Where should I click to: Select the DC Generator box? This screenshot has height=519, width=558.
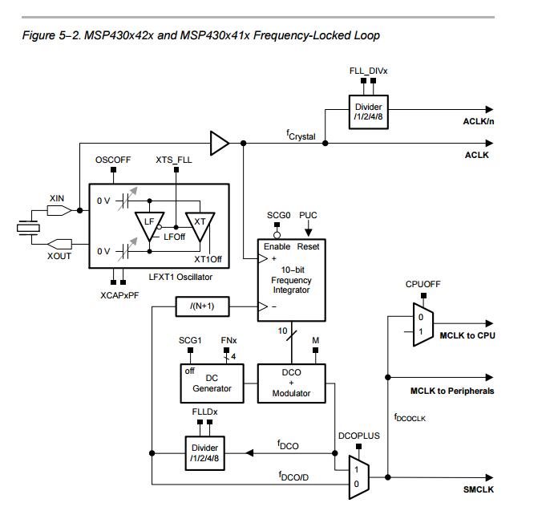(x=212, y=383)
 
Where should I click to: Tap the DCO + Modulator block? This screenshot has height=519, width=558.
(x=291, y=383)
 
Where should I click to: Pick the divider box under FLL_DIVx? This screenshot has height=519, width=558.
(x=369, y=112)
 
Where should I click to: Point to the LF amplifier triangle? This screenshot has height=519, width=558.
(x=149, y=226)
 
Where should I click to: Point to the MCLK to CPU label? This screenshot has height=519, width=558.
(x=467, y=335)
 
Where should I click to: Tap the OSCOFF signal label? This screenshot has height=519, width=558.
(x=113, y=160)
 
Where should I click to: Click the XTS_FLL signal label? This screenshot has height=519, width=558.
(x=173, y=160)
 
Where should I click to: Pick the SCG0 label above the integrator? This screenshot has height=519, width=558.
(x=277, y=216)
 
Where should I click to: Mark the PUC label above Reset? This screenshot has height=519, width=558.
(x=308, y=216)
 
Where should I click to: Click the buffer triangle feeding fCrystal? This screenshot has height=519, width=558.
(x=218, y=144)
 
